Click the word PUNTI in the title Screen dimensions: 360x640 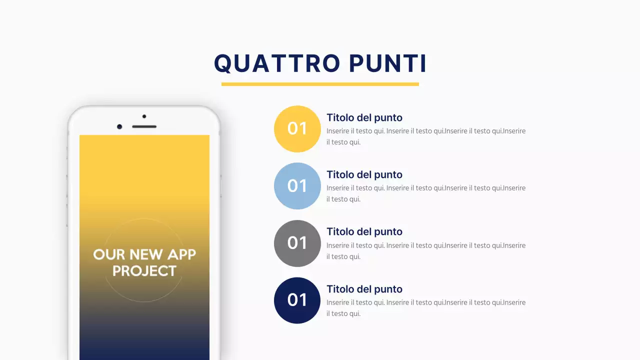(x=387, y=63)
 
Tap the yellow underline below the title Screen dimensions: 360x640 (x=320, y=84)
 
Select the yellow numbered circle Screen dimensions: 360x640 (x=297, y=128)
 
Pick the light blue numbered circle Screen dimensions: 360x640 (x=297, y=186)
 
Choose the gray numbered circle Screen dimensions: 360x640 (x=297, y=243)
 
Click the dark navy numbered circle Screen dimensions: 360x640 (x=297, y=300)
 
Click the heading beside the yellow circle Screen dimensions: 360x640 (x=364, y=117)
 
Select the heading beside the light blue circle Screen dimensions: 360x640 (x=364, y=174)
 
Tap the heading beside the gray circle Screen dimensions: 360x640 (x=364, y=231)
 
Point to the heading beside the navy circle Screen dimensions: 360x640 (x=364, y=289)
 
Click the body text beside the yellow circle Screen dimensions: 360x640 (x=425, y=136)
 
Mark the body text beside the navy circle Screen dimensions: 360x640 (x=425, y=308)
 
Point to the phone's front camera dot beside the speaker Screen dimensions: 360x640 (x=119, y=126)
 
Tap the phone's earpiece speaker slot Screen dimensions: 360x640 (x=144, y=126)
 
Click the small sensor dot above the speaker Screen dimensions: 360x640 (x=144, y=116)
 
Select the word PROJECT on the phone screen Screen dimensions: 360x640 (x=144, y=271)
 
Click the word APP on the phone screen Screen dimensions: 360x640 (x=181, y=254)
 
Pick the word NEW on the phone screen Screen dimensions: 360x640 (x=146, y=254)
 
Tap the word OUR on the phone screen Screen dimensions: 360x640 (x=108, y=254)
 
